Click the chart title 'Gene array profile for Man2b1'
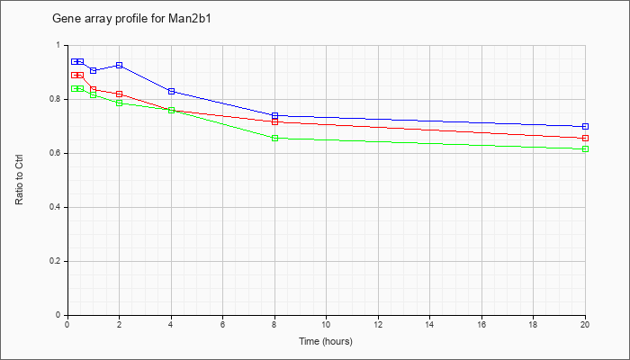(x=138, y=18)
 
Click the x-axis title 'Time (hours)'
(x=326, y=341)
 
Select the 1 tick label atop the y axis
(x=59, y=45)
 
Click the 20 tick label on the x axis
(x=585, y=325)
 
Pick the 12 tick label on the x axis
(x=378, y=325)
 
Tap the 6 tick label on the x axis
(x=222, y=325)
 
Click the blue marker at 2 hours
(x=119, y=65)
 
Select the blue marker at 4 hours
(x=171, y=91)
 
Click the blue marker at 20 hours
(x=585, y=126)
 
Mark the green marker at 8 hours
(x=274, y=138)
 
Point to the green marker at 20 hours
(x=585, y=148)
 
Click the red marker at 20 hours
(x=585, y=138)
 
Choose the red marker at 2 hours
(x=119, y=94)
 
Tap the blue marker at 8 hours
(x=274, y=115)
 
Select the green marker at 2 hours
(x=119, y=103)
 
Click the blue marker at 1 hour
(x=93, y=70)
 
